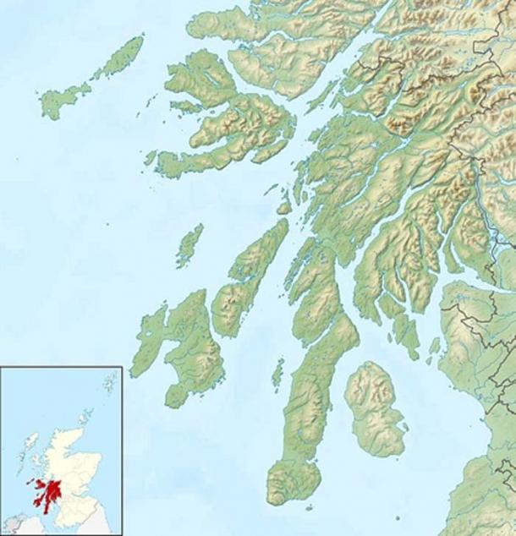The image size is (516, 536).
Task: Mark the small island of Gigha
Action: (277, 372)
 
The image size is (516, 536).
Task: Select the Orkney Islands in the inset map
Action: (85, 416)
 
